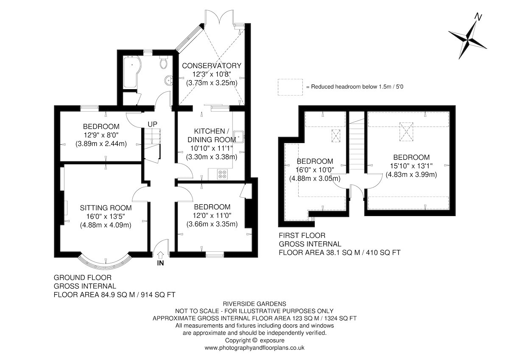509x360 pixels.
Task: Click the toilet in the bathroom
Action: pyautogui.click(x=163, y=62)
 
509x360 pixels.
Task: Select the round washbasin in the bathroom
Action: pyautogui.click(x=169, y=81)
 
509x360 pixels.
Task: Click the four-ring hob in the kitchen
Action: pyautogui.click(x=222, y=174)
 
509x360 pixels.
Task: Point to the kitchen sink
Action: pyautogui.click(x=238, y=137)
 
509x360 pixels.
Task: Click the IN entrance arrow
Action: pyautogui.click(x=160, y=255)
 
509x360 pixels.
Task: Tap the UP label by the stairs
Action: pyautogui.click(x=152, y=124)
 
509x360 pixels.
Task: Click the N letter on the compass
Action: pyautogui.click(x=478, y=17)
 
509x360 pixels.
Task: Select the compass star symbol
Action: pyautogui.click(x=467, y=40)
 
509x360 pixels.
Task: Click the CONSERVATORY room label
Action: pyautogui.click(x=212, y=66)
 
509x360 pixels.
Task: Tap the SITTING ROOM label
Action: pyautogui.click(x=106, y=208)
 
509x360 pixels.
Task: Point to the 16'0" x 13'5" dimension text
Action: pyautogui.click(x=106, y=216)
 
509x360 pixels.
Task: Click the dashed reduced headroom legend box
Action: pyautogui.click(x=290, y=87)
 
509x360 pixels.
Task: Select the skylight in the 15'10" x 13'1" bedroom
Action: pyautogui.click(x=406, y=132)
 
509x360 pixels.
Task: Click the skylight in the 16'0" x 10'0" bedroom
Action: pyautogui.click(x=336, y=136)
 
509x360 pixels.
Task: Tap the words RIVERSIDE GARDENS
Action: pyautogui.click(x=255, y=304)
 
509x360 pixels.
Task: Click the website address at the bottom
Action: pyautogui.click(x=255, y=348)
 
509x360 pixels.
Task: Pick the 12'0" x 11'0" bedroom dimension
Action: pyautogui.click(x=212, y=215)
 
